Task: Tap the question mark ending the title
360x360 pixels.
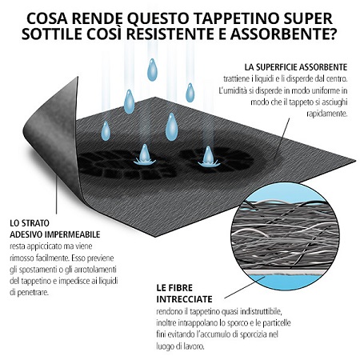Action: tap(331, 34)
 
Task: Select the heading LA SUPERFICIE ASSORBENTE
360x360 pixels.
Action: tap(296, 67)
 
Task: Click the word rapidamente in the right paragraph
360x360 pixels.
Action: tap(327, 114)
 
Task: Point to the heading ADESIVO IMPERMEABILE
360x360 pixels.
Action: tap(55, 234)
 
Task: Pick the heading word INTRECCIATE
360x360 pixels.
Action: tap(184, 299)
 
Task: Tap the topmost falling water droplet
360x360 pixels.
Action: tap(152, 70)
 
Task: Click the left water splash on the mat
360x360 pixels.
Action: tap(145, 155)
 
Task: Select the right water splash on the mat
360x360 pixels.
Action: tap(209, 157)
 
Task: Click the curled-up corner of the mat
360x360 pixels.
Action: tap(50, 134)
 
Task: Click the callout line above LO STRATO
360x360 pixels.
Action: tap(57, 194)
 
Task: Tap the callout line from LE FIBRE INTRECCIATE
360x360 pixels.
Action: tap(245, 287)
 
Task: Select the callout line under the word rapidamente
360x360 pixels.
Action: tap(282, 140)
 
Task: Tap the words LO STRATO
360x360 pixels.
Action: tap(30, 222)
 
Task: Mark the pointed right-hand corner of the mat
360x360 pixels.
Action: tap(354, 161)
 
